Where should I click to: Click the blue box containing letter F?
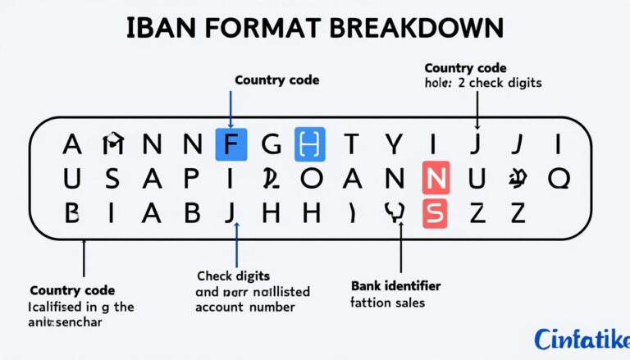coord(231,145)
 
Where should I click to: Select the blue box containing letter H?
coord(309,145)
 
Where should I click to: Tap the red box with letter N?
coord(436,177)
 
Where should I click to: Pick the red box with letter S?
coord(436,212)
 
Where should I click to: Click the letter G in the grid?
coord(270,145)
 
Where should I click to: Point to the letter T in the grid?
coord(351,145)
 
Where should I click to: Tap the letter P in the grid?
coord(190,177)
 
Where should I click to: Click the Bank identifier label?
coord(395,286)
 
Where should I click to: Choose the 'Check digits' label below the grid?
coord(234,276)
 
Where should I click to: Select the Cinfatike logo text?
coord(581,337)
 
